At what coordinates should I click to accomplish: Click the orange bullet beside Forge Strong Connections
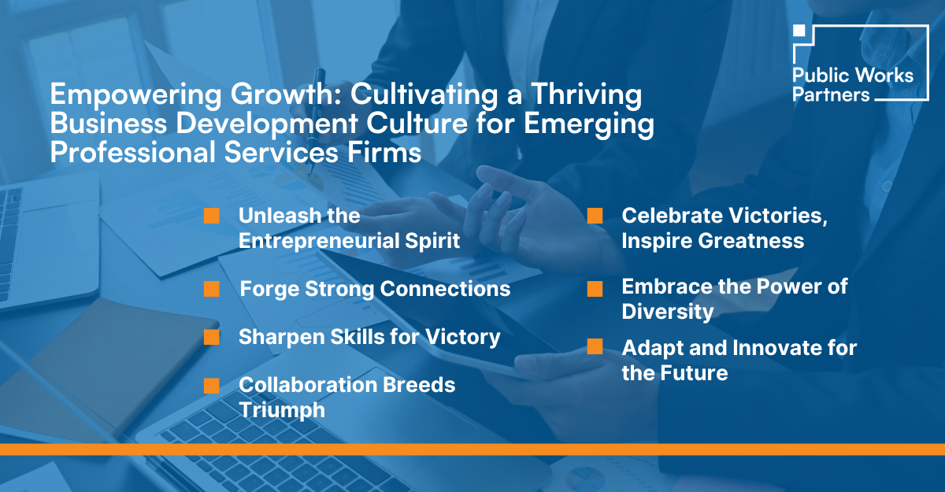(211, 290)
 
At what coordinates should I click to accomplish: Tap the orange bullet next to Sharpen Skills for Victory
(211, 338)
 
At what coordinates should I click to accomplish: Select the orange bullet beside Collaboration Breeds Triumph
(211, 386)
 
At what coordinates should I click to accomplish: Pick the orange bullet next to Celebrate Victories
(595, 216)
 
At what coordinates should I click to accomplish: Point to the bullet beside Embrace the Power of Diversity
(595, 289)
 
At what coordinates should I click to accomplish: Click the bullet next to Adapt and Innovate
(595, 347)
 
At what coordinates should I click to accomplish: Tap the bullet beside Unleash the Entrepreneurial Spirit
(211, 216)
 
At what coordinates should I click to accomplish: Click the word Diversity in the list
(668, 312)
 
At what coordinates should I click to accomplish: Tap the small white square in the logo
(799, 31)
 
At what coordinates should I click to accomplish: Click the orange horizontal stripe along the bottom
(472, 449)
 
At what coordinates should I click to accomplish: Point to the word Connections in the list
(445, 289)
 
